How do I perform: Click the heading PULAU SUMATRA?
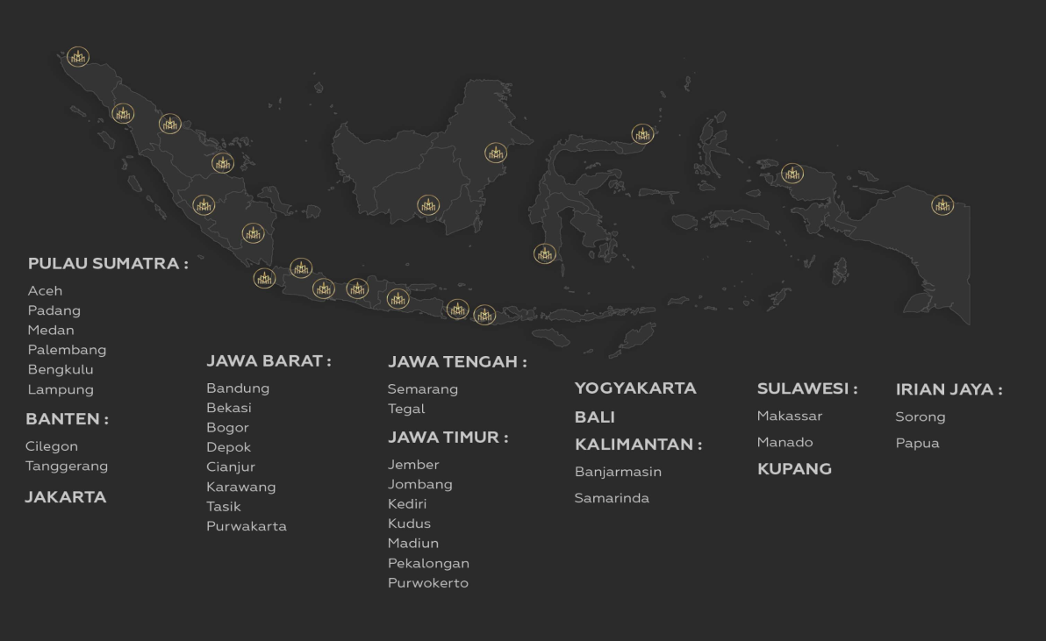pos(108,263)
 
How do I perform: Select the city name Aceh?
pos(46,290)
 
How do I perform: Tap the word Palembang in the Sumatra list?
pos(67,350)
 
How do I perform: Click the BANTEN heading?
pos(67,419)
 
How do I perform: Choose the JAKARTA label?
pos(66,497)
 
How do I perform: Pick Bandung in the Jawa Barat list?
pos(238,388)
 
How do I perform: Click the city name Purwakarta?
pos(247,526)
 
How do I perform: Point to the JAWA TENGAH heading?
pos(457,361)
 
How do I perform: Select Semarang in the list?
pos(423,388)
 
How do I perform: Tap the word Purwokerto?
pos(428,583)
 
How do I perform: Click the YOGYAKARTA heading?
pos(635,388)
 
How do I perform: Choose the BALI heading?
pos(595,417)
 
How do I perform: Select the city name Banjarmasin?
pos(618,472)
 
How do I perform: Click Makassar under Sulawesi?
pos(790,416)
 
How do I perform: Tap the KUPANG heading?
pos(794,469)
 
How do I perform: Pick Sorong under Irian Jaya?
pos(921,417)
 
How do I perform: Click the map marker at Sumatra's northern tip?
pos(78,57)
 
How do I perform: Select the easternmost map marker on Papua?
pos(942,205)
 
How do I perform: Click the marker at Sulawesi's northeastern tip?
pos(643,134)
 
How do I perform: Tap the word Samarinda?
pos(612,498)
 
